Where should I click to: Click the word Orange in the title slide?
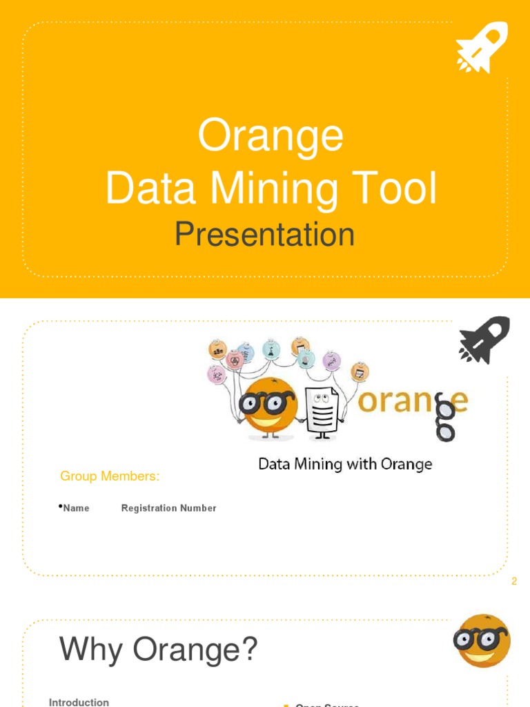pos(271,136)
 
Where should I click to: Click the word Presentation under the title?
pos(265,235)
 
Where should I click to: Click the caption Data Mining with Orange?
pos(345,464)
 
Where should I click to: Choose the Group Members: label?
pos(110,476)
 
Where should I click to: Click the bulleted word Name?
pos(76,508)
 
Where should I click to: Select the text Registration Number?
pos(168,508)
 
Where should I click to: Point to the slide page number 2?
pos(513,581)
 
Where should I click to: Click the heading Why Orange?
pos(158,650)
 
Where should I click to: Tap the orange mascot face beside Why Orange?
pos(482,641)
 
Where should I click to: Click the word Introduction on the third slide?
pos(79,702)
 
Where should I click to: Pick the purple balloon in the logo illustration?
pos(332,361)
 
